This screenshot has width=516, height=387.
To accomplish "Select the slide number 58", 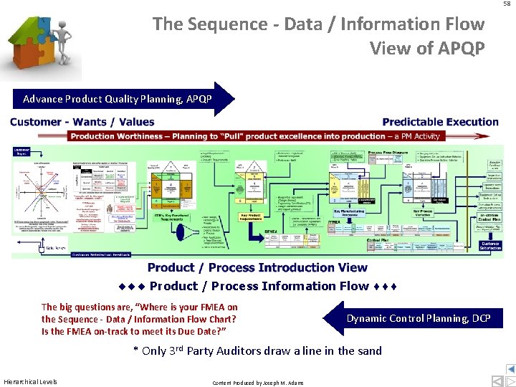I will pos(507,4).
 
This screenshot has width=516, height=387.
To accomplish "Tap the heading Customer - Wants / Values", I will pos(82,122).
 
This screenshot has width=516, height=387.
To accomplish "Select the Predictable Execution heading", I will pos(441,122).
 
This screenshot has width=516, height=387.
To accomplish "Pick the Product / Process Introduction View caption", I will pos(257,267).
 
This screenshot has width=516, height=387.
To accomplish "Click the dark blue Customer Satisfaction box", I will pos(489,245).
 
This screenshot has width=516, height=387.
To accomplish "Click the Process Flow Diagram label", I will pos(389,153).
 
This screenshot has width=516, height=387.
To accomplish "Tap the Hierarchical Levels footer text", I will pos(31,381).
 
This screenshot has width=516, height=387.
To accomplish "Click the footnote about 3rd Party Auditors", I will pos(257,350).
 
